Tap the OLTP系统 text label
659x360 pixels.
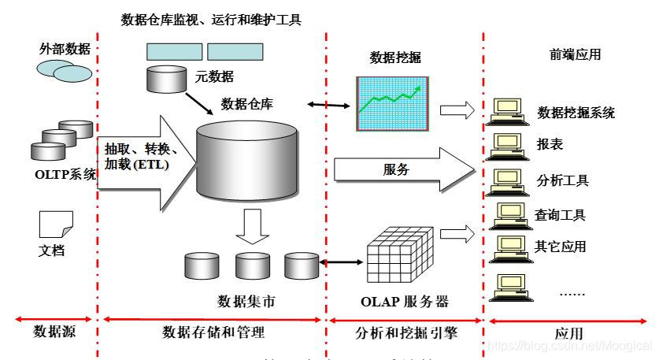(62, 174)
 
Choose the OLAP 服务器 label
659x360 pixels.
(408, 302)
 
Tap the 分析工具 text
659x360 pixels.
(563, 180)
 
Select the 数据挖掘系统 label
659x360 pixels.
(576, 113)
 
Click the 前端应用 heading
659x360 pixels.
(575, 54)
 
